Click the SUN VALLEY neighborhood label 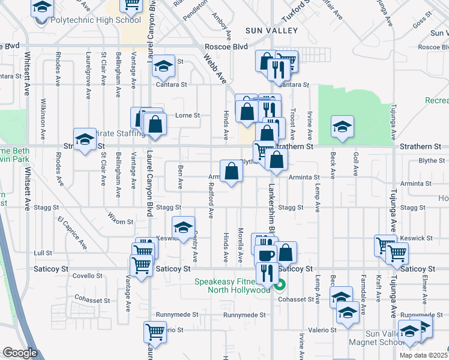pyautogui.click(x=271, y=30)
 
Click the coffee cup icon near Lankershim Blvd pyautogui.click(x=265, y=254)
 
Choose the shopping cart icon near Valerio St pyautogui.click(x=155, y=331)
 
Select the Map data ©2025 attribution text pyautogui.click(x=424, y=355)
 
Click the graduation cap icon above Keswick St pyautogui.click(x=183, y=227)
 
